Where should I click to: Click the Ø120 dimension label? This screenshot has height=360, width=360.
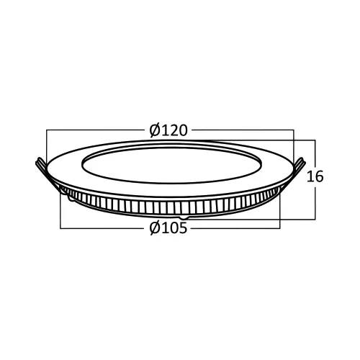click(168, 130)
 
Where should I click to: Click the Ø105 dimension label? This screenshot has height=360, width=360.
click(168, 228)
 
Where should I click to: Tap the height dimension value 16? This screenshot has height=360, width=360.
click(315, 176)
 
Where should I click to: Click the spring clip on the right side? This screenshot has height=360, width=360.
click(297, 171)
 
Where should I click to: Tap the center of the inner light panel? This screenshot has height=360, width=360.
click(171, 165)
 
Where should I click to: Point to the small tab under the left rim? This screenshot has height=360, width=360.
click(71, 198)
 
